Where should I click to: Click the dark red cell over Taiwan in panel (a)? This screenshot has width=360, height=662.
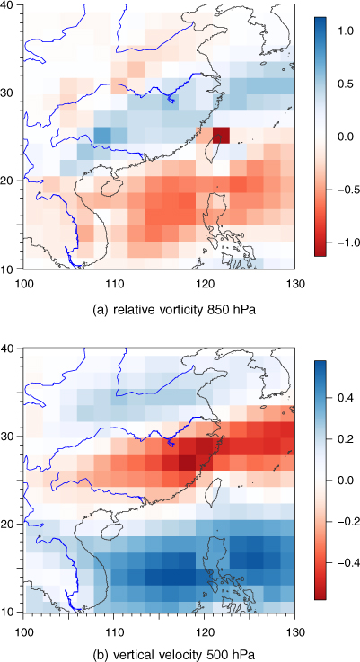(221, 135)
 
